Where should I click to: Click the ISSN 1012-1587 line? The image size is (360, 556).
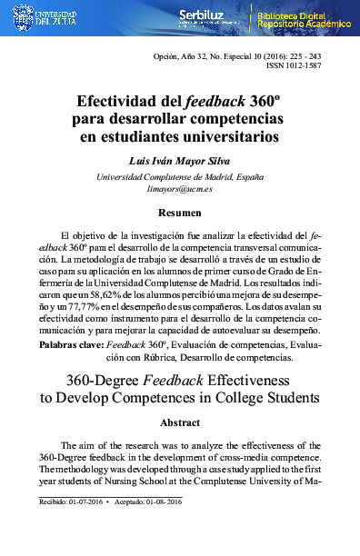[315, 67]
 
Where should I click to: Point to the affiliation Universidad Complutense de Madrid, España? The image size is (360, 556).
[180, 175]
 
